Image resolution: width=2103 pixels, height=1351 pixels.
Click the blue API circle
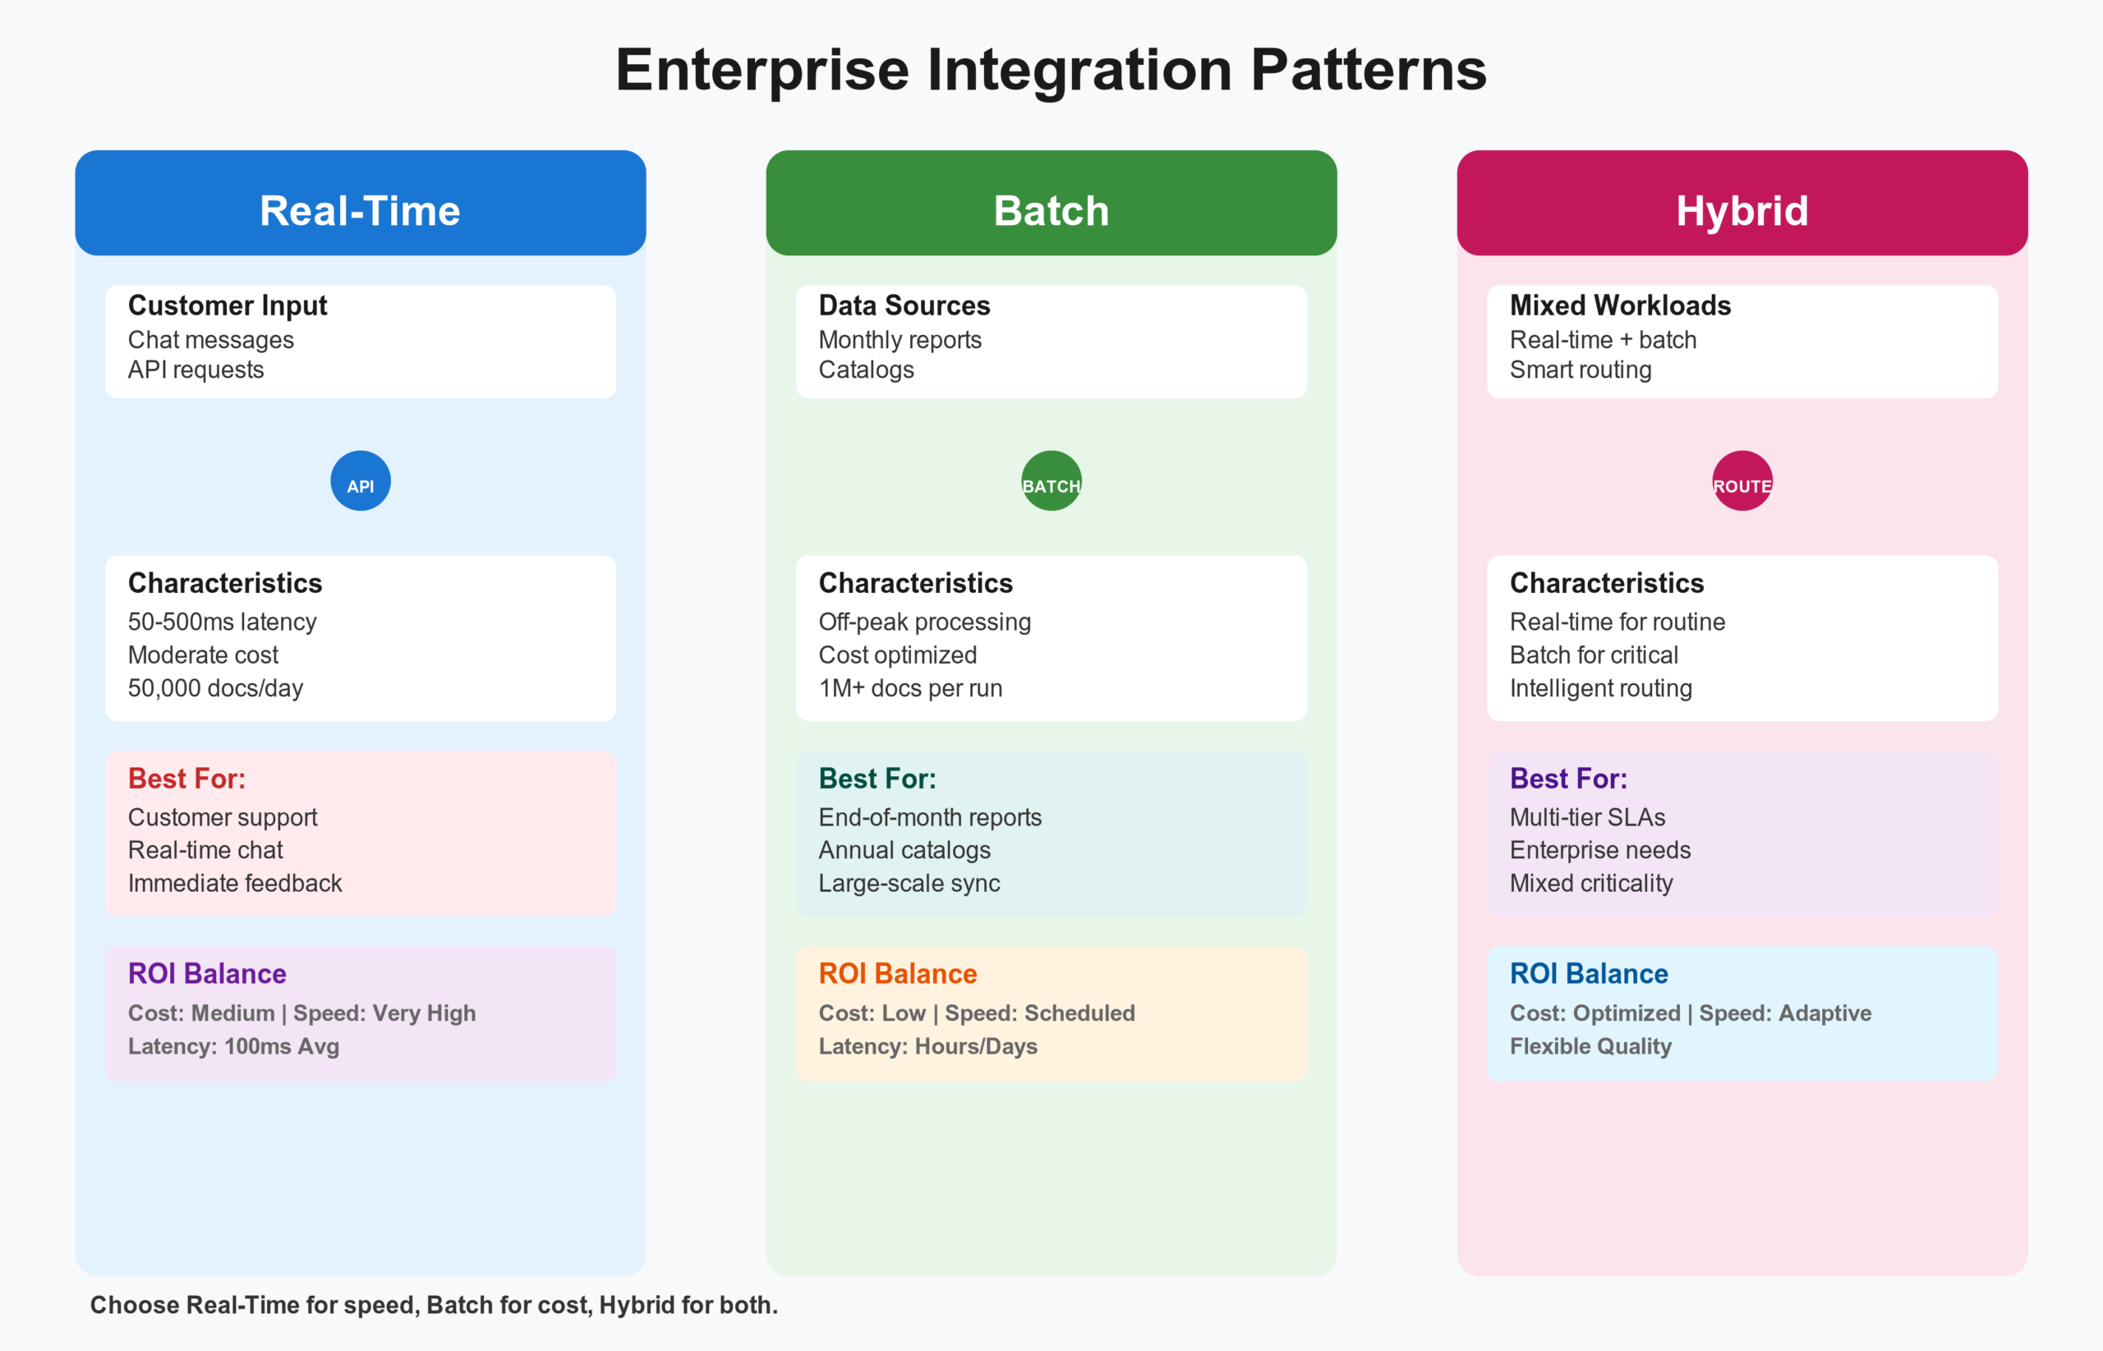360,480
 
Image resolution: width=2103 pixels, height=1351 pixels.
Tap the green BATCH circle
1051,480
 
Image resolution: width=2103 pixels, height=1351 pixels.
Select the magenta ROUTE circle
1742,480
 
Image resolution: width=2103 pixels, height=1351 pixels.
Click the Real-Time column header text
360,210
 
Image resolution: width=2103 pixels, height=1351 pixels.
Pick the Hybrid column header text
1742,210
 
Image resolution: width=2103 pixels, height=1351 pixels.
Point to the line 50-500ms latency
222,621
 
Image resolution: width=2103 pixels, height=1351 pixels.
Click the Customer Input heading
228,306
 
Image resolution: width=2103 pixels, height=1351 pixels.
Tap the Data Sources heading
904,306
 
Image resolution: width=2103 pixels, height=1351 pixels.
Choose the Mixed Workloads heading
1620,306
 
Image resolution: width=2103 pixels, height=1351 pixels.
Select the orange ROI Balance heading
898,973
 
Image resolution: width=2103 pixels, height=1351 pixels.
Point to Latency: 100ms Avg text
233,1045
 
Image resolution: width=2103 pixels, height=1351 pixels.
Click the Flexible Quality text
1590,1045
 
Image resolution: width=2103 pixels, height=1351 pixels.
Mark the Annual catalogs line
904,849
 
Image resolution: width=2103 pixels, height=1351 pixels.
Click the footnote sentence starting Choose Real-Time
434,1304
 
